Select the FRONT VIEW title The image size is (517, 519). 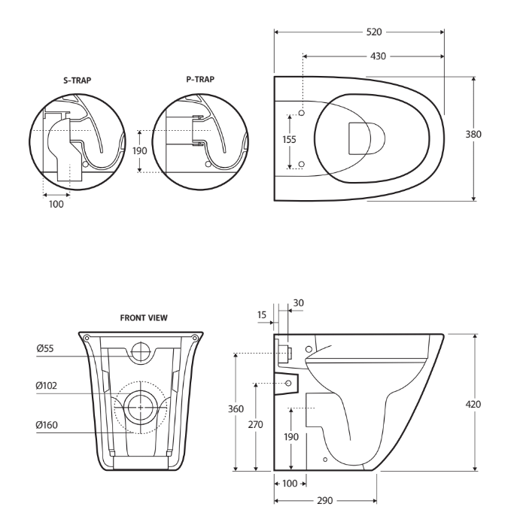click(x=144, y=318)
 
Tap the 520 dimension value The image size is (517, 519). click(x=373, y=32)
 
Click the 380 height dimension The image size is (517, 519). click(x=494, y=134)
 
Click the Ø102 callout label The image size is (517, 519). click(x=49, y=386)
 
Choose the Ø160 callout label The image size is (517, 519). click(x=49, y=425)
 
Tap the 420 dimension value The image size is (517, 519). click(x=494, y=404)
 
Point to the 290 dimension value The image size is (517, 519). click(x=326, y=499)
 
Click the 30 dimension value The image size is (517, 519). click(x=297, y=302)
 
